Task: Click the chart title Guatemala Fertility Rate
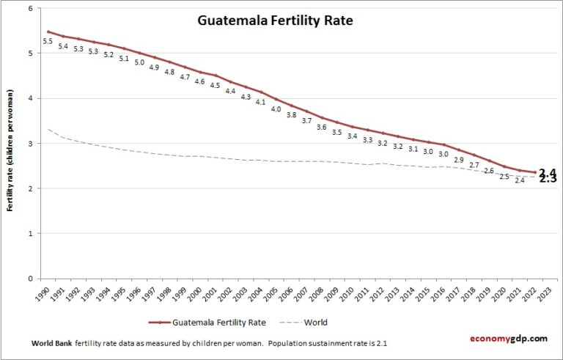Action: coord(275,21)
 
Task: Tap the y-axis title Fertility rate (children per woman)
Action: coord(11,150)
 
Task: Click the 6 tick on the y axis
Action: coord(30,9)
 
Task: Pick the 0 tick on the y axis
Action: coord(30,279)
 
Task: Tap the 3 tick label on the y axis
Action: coord(30,144)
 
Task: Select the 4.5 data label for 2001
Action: coord(215,86)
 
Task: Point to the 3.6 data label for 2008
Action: coord(321,127)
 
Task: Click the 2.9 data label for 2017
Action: coord(458,159)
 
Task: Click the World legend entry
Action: coord(315,323)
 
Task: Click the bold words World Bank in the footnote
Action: coord(51,343)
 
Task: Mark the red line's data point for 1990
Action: coord(48,32)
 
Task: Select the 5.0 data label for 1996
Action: coord(139,62)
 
